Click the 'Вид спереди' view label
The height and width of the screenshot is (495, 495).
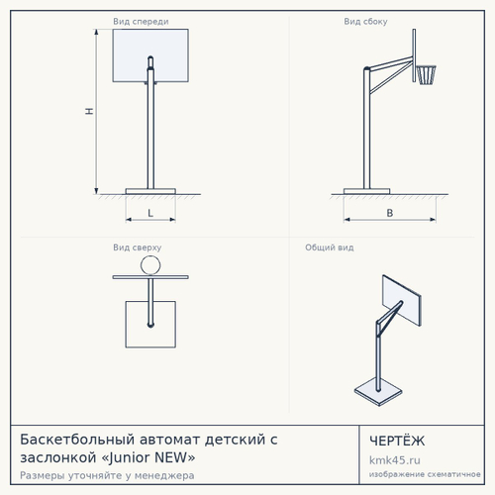tap(141, 22)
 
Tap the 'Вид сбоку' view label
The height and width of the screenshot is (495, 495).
tap(365, 22)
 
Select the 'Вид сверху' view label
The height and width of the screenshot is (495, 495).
tap(138, 247)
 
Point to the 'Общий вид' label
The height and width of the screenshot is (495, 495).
tap(330, 247)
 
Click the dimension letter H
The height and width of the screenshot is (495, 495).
tap(89, 111)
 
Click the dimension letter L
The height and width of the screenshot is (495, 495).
tap(150, 213)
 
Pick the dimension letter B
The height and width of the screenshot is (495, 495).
tap(390, 213)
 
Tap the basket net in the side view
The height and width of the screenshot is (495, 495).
tap(427, 75)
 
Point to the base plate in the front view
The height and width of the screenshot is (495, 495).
tap(150, 191)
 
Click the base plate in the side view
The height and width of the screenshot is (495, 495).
tap(366, 191)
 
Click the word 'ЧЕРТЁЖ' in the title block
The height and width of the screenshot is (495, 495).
tap(397, 441)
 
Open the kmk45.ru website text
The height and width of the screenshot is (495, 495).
tap(395, 460)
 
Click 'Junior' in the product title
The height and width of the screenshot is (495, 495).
tap(131, 458)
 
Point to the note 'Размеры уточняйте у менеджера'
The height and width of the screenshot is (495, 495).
tap(107, 475)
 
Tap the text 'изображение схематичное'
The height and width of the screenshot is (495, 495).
tap(425, 474)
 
